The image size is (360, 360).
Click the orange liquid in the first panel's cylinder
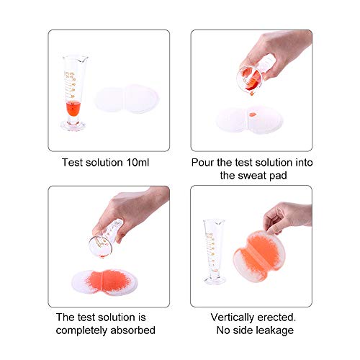coord(72,110)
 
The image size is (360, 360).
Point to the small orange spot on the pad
coord(253,116)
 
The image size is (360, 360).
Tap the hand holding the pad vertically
coord(288,214)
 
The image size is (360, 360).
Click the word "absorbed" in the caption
coord(132,330)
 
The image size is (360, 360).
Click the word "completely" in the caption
coord(82,330)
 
